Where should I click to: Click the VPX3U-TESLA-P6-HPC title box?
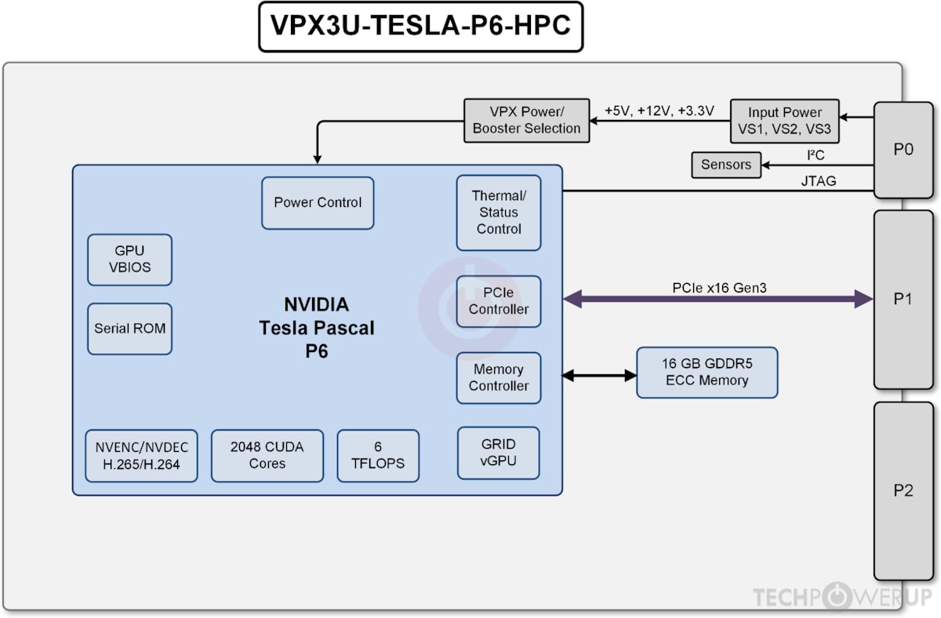(420, 26)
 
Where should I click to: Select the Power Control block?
(318, 203)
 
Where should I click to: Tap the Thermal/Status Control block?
(499, 213)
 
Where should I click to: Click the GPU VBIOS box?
(129, 260)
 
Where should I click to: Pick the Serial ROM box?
(129, 329)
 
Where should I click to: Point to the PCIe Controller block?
(499, 301)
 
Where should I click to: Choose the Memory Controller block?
(499, 378)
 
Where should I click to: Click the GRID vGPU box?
(499, 453)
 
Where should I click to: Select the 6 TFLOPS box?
(378, 456)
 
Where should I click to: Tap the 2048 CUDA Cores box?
(267, 456)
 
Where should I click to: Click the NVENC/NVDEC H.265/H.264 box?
(141, 456)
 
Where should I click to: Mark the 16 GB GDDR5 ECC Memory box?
(707, 373)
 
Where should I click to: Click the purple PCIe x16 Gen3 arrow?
(718, 299)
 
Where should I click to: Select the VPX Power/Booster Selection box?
(527, 120)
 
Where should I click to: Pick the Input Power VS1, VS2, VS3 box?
(785, 121)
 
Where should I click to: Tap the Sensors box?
(726, 165)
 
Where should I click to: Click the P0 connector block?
(903, 149)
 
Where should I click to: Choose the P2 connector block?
(903, 491)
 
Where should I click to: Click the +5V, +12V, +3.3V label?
(659, 111)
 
